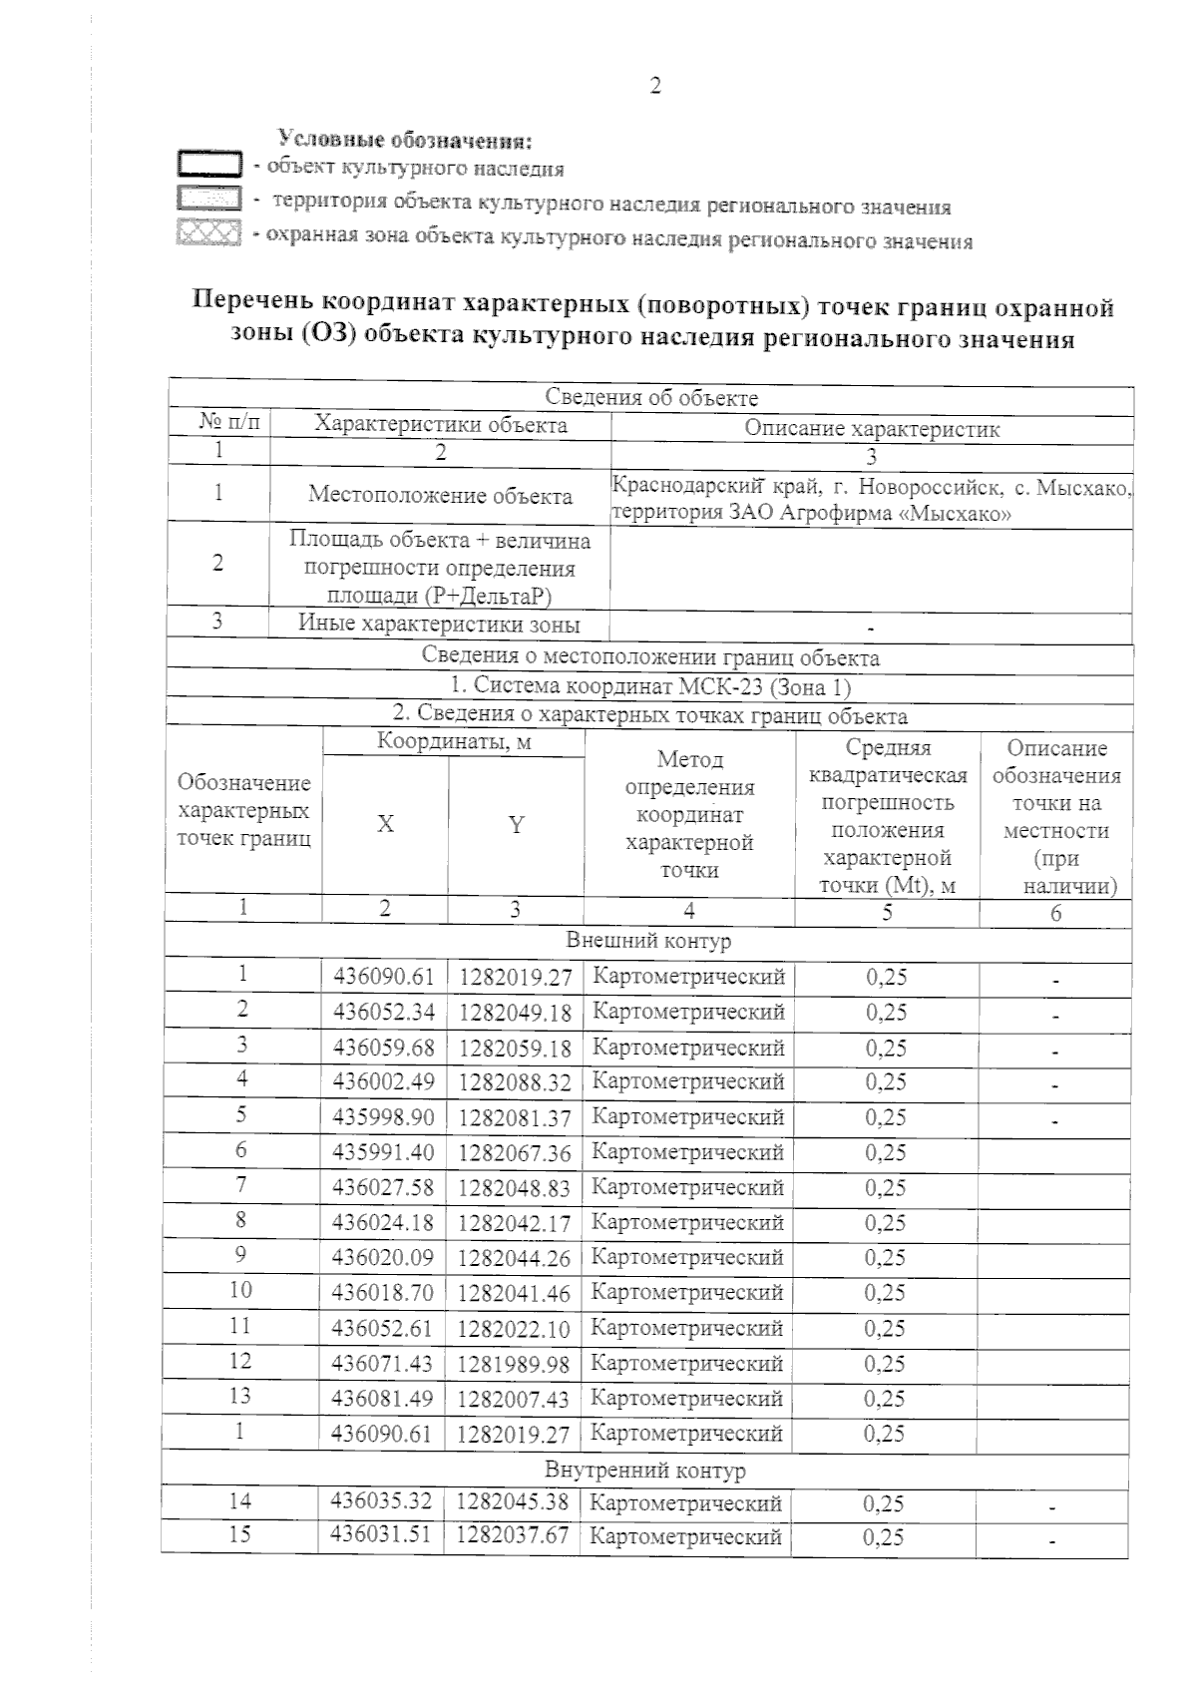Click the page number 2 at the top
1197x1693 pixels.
655,86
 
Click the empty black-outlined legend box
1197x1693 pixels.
208,164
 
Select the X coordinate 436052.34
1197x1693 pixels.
384,1012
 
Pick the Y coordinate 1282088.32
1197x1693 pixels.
515,1082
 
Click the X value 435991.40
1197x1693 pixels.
384,1152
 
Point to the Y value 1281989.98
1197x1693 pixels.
515,1363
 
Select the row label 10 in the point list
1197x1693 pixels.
240,1289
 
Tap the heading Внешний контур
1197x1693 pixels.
648,941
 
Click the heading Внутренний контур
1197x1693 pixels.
645,1470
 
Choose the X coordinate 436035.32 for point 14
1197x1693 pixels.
384,1501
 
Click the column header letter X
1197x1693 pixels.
385,824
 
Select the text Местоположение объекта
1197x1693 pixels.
440,496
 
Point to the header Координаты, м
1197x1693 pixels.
453,741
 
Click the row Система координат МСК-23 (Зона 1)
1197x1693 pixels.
650,686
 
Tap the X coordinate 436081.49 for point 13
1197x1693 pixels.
384,1398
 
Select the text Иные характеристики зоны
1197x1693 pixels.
440,626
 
